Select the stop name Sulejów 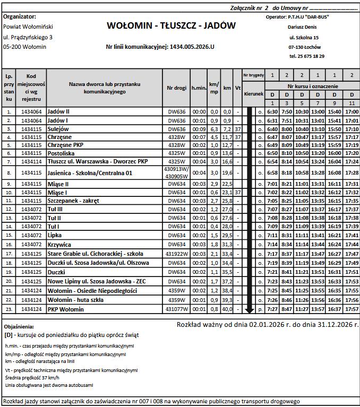pos(58,129)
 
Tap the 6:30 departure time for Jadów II pos(272,112)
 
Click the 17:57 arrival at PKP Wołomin pos(352,309)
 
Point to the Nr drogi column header pos(176,88)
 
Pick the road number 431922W pos(176,254)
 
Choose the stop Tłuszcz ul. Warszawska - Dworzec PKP pos(97,161)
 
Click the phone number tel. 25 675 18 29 pos(307,56)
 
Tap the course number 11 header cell pos(352,103)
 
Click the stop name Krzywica pos(59,245)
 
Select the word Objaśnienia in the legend pos(19,327)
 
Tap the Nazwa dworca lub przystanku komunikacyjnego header pos(104,88)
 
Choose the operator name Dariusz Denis pos(302,27)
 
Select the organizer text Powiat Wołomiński pos(25,27)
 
